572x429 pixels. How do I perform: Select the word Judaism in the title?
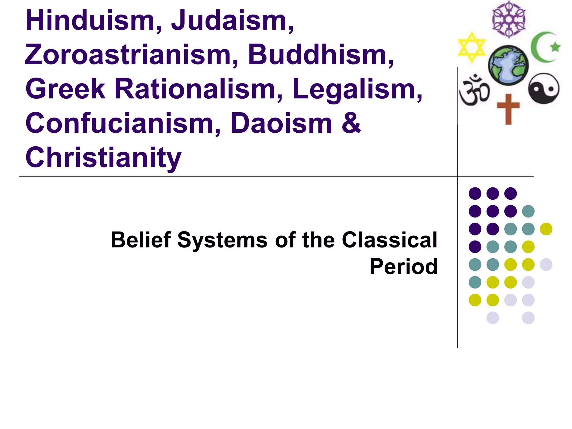pos(232,21)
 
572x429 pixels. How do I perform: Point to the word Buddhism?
pos(321,55)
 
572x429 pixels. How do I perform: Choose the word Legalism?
pos(357,89)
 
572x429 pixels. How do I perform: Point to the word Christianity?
pos(103,158)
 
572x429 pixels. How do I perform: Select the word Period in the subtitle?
pos(404,267)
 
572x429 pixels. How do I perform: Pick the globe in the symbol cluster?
pos(508,65)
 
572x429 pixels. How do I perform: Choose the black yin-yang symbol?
pos(544,89)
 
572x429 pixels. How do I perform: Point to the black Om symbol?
pos(474,90)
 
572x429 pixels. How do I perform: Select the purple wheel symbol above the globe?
pos(509,19)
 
